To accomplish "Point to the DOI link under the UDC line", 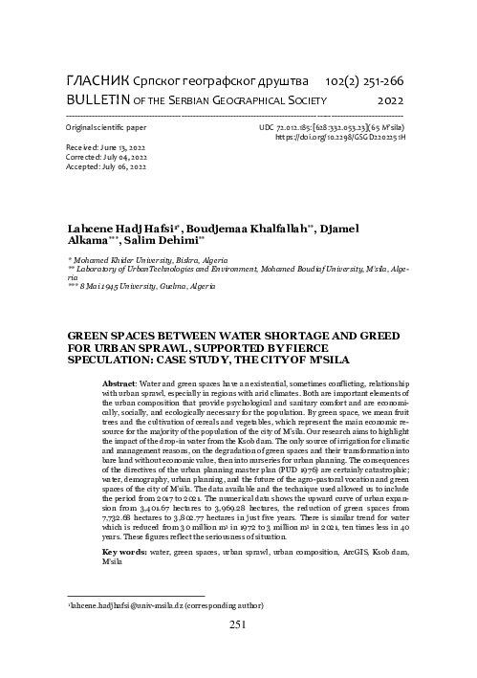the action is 339,138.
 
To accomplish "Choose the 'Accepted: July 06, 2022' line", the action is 106,167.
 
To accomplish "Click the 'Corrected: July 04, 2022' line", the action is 106,158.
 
